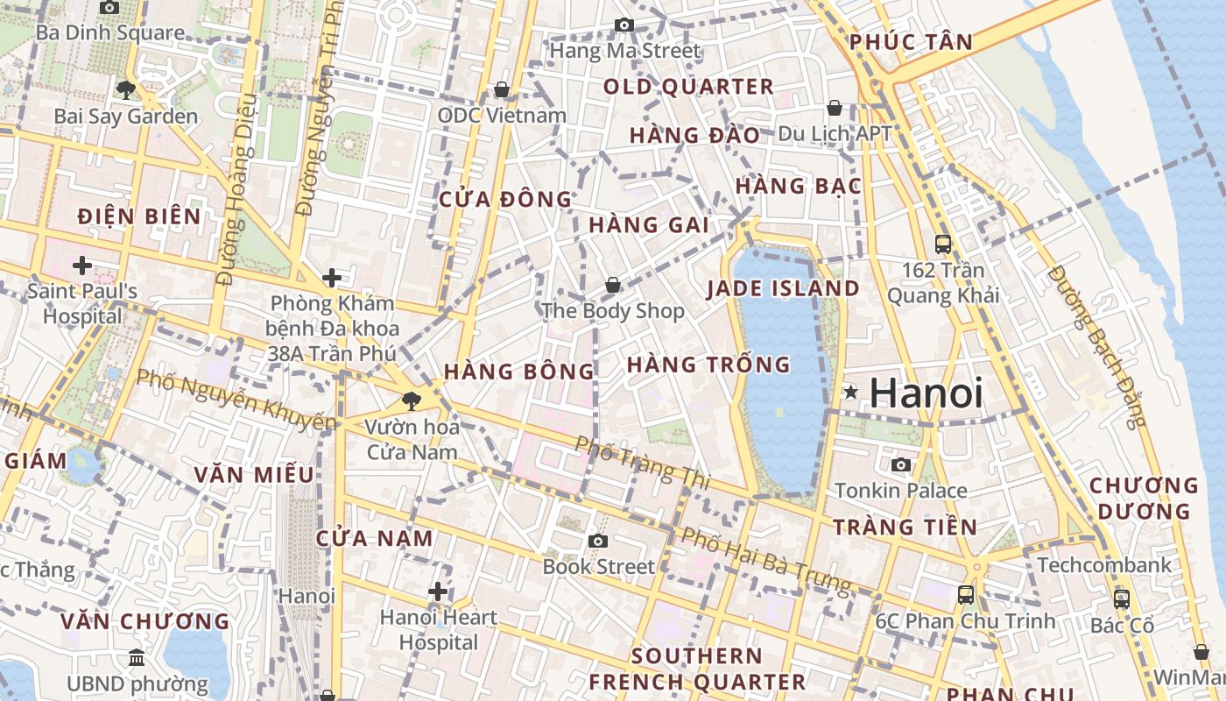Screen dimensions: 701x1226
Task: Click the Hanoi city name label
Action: [926, 393]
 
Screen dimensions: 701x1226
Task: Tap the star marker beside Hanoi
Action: [849, 393]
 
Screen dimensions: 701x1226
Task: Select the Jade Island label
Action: [783, 288]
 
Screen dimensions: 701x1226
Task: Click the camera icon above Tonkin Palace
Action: [900, 464]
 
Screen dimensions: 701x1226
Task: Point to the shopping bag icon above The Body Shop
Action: [613, 285]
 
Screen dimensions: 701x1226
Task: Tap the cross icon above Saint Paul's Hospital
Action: [82, 265]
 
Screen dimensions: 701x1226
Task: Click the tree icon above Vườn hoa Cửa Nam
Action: [411, 402]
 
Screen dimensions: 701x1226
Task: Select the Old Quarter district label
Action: [689, 87]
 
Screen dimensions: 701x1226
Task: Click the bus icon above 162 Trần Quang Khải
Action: [943, 244]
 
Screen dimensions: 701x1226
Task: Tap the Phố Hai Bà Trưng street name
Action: [766, 559]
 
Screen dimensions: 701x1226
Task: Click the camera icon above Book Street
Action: [598, 542]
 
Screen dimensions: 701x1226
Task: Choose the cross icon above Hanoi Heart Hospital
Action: [438, 591]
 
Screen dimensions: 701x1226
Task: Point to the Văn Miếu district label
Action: [254, 475]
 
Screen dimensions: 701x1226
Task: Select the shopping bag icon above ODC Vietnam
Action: [502, 90]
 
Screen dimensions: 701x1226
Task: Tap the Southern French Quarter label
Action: [697, 669]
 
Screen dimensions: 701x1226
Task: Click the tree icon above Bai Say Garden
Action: [126, 89]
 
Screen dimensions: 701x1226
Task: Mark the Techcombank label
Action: [1104, 565]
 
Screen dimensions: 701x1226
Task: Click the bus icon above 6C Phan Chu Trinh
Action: [966, 595]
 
